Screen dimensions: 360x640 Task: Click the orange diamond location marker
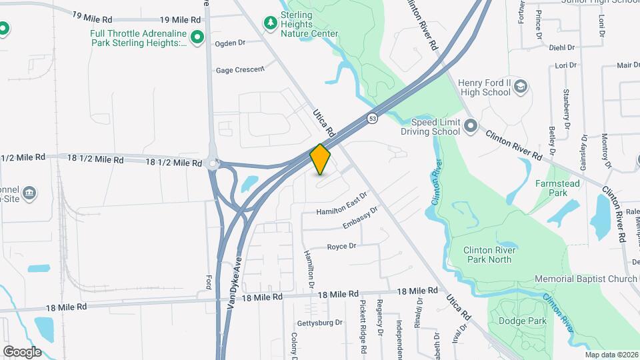coord(321,159)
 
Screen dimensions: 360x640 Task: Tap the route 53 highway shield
coord(373,118)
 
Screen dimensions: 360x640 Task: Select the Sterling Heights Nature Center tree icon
coord(270,24)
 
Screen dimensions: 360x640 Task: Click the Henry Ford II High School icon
coord(521,87)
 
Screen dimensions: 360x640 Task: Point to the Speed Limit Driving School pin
coord(471,125)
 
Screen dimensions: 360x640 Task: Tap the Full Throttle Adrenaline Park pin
coord(197,38)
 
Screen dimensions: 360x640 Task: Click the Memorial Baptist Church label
coord(587,278)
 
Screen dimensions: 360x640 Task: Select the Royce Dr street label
coord(341,246)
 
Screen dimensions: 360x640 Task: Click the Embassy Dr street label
coord(360,217)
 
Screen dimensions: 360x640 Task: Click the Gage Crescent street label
coord(240,70)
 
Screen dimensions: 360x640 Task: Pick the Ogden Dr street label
coord(230,43)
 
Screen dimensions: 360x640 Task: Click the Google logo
coord(22,351)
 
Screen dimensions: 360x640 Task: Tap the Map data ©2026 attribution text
coord(611,355)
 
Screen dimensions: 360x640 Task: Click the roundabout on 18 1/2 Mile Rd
coord(213,163)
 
